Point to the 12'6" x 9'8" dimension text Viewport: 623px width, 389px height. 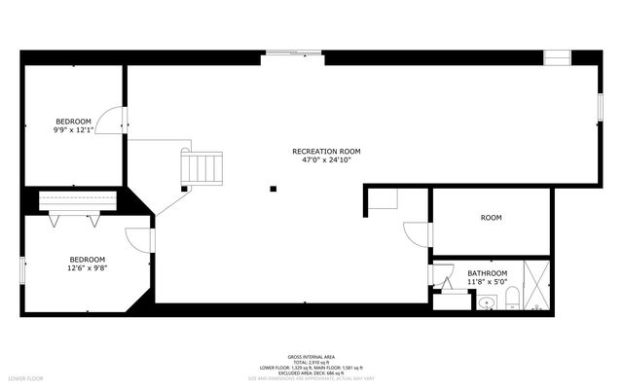pyautogui.click(x=87, y=267)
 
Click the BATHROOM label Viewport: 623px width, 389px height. pyautogui.click(x=487, y=273)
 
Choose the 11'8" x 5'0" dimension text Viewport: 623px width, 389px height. pyautogui.click(x=487, y=282)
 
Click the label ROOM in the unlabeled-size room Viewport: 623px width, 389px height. pyautogui.click(x=491, y=218)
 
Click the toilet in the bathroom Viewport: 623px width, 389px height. pyautogui.click(x=511, y=300)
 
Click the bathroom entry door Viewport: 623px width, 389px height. pyautogui.click(x=444, y=281)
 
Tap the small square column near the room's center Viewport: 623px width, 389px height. pyautogui.click(x=275, y=189)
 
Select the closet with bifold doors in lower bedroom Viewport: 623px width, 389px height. pyautogui.click(x=78, y=201)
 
